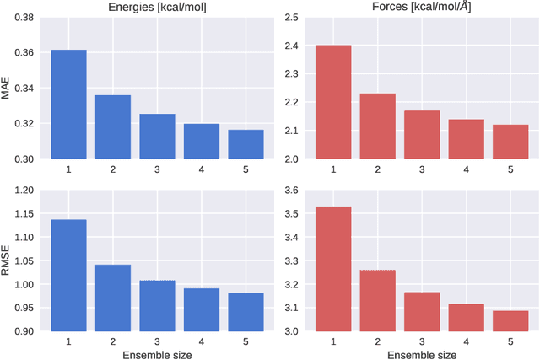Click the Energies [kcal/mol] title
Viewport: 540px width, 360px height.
(157, 8)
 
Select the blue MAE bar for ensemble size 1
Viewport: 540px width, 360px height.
(67, 105)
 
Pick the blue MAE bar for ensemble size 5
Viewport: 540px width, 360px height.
(246, 144)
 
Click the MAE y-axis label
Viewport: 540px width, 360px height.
(8, 88)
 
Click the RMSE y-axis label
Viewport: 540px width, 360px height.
(8, 261)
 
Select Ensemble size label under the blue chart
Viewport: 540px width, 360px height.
(157, 354)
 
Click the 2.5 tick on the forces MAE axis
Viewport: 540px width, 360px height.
(289, 17)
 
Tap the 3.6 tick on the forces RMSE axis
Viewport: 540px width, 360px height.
(289, 191)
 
